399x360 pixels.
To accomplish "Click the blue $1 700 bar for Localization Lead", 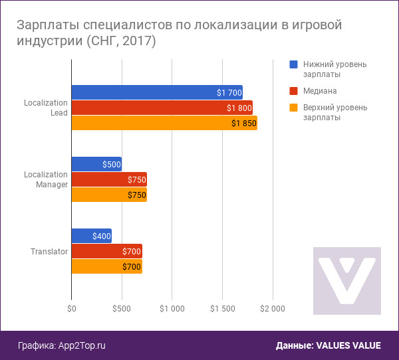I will point(156,92).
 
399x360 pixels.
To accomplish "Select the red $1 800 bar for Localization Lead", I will point(162,108).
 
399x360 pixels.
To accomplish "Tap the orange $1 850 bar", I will point(164,123).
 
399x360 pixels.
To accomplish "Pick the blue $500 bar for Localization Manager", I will point(96,164).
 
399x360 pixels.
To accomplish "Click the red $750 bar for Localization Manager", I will point(108,179).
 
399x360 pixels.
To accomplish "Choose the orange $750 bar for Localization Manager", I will point(108,195).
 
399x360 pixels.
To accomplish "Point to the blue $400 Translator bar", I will point(91,236).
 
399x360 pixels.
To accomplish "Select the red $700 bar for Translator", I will point(106,251).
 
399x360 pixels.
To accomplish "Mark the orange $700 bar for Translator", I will point(106,266).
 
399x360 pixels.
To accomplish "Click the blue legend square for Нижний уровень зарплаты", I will point(293,64).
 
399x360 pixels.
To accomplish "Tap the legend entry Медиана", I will point(319,90).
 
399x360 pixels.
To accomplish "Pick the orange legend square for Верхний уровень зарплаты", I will point(293,107).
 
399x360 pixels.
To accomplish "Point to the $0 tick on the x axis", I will point(71,308).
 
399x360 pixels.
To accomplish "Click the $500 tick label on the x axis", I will point(122,308).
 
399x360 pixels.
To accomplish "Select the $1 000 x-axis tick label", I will point(172,308).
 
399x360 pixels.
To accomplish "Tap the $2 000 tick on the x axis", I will point(273,308).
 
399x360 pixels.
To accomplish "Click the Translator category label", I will point(49,252).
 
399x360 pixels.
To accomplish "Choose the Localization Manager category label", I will point(46,179).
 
